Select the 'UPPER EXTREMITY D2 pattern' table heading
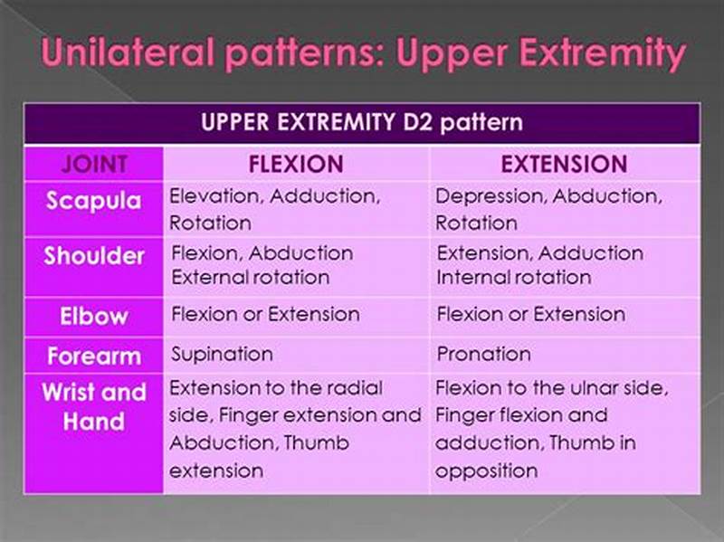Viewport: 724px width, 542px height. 362,122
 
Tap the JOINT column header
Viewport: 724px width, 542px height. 94,164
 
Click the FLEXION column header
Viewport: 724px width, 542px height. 295,164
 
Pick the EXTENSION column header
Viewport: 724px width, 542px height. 564,164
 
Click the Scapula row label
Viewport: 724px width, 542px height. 94,201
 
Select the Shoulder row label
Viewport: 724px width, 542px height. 94,256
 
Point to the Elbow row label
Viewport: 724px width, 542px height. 94,316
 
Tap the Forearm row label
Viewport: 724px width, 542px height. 94,355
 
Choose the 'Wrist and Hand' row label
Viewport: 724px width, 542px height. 94,407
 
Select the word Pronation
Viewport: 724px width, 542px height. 483,354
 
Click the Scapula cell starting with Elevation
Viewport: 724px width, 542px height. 275,209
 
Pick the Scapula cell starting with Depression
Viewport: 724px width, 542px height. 548,209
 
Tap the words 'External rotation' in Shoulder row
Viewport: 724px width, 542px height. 250,278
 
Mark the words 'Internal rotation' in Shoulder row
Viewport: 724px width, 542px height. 513,278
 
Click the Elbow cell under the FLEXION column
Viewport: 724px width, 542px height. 265,315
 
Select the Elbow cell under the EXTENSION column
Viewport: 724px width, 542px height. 530,315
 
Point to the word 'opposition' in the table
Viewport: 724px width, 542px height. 486,471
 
